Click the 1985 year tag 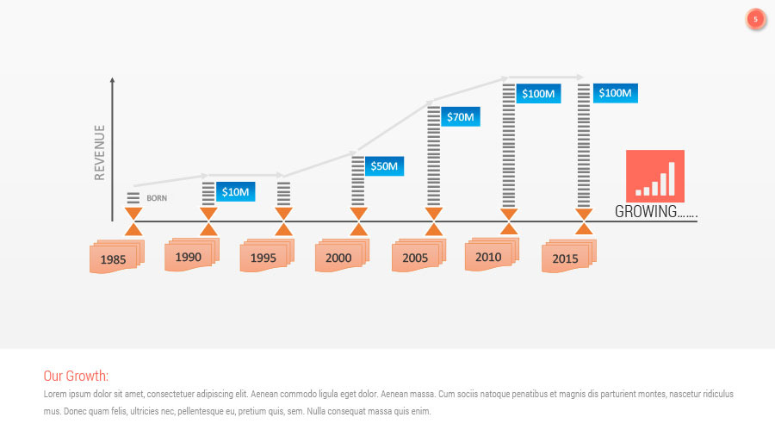point(114,258)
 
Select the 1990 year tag point(189,257)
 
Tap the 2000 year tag point(339,258)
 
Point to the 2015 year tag point(566,258)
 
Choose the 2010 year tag point(488,257)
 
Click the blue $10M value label point(235,192)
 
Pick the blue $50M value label point(384,165)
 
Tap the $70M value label point(459,116)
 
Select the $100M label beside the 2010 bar point(538,93)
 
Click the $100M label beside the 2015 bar point(615,93)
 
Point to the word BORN point(157,198)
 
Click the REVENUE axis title point(100,153)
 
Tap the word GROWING point(646,212)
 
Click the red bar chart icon point(655,176)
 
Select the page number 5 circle point(756,19)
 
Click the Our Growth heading point(76,376)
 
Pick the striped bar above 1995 point(283,194)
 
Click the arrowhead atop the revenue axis point(112,80)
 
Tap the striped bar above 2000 point(358,181)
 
